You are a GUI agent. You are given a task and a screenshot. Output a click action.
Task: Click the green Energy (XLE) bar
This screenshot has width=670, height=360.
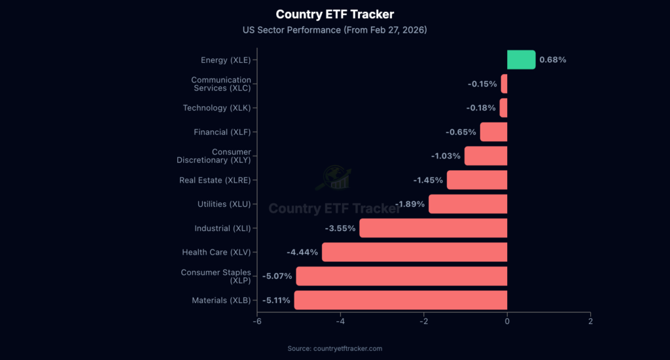521,60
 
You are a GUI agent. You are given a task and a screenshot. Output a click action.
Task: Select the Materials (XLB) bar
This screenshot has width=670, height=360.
400,300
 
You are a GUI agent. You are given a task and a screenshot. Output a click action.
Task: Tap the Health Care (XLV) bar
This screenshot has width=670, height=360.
414,252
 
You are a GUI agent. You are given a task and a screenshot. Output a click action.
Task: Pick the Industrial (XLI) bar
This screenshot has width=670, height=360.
433,228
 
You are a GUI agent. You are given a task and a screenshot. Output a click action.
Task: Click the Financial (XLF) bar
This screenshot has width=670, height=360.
493,132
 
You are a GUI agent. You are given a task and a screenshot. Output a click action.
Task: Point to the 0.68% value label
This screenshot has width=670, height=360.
553,60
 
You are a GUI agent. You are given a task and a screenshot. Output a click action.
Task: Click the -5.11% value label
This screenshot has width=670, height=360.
277,300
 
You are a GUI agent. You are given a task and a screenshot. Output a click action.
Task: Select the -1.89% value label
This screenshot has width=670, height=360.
410,204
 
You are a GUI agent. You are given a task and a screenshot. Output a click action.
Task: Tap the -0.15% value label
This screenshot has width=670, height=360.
482,84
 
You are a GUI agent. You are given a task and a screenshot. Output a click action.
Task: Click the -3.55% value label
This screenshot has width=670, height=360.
340,228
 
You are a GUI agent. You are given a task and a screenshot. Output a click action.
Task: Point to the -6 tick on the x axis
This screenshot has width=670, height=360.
257,321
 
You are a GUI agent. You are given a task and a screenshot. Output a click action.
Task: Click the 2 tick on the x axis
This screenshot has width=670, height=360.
590,321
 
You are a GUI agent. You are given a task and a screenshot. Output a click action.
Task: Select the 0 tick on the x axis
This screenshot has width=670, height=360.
507,321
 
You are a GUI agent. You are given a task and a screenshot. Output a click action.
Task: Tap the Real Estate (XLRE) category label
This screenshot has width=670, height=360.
215,180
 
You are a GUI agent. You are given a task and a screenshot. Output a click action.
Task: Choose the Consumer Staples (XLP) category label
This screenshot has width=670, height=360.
215,276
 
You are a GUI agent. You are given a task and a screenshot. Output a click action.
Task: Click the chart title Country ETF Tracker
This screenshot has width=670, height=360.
335,14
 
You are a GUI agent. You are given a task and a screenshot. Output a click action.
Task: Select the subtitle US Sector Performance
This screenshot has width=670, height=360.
335,29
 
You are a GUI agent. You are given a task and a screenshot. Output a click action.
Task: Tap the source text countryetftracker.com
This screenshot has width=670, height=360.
335,348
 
